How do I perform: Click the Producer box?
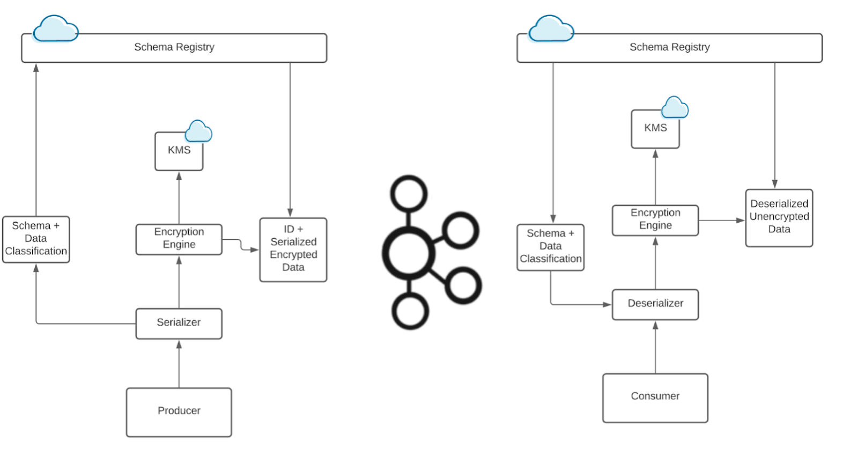click(179, 411)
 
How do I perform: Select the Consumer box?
click(655, 397)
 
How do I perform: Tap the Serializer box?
click(179, 323)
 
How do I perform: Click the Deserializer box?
click(655, 304)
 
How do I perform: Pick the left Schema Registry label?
click(174, 47)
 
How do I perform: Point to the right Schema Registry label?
click(669, 47)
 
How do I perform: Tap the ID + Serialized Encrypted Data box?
click(293, 249)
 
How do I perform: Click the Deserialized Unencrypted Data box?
click(779, 217)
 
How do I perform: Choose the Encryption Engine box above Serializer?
click(179, 239)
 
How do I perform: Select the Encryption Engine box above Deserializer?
click(655, 219)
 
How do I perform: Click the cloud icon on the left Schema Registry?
click(55, 30)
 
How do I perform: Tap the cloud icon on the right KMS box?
click(675, 108)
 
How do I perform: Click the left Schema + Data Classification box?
click(36, 239)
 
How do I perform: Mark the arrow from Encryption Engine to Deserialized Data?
click(721, 220)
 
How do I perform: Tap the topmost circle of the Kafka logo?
click(409, 194)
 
